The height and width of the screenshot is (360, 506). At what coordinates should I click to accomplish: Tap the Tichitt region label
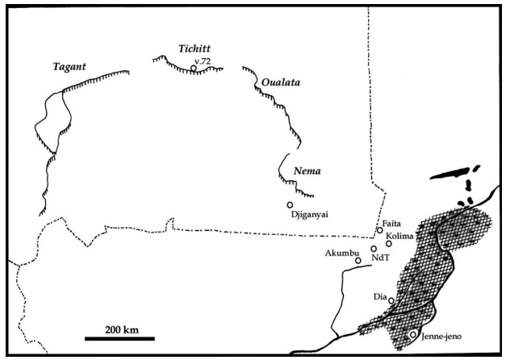pyautogui.click(x=194, y=49)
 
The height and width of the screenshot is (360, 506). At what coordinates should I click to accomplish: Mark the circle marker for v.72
pyautogui.click(x=194, y=69)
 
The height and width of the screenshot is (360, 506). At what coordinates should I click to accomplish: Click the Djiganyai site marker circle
pyautogui.click(x=290, y=204)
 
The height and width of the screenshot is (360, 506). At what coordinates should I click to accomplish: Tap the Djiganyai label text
pyautogui.click(x=312, y=214)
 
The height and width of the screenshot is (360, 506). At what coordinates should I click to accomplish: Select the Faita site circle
pyautogui.click(x=380, y=230)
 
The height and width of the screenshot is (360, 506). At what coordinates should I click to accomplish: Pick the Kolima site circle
pyautogui.click(x=389, y=243)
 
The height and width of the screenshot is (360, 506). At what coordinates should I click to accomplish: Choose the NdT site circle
pyautogui.click(x=374, y=249)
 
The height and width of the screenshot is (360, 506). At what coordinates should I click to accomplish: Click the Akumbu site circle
pyautogui.click(x=358, y=260)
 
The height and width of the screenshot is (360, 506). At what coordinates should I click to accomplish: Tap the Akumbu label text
pyautogui.click(x=340, y=253)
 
